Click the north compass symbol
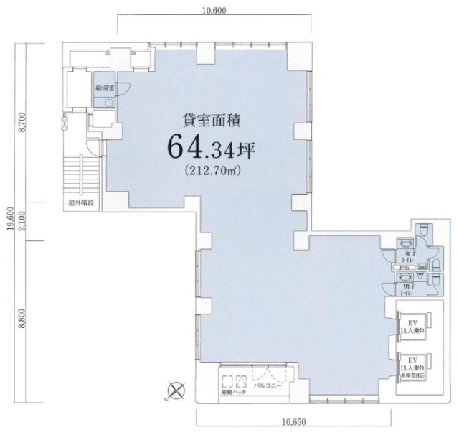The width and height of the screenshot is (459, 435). click(175, 392)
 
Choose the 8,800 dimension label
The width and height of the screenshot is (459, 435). click(23, 317)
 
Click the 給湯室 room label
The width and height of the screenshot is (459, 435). click(105, 87)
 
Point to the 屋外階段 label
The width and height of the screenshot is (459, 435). click(81, 204)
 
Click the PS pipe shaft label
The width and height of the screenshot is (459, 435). click(405, 268)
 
